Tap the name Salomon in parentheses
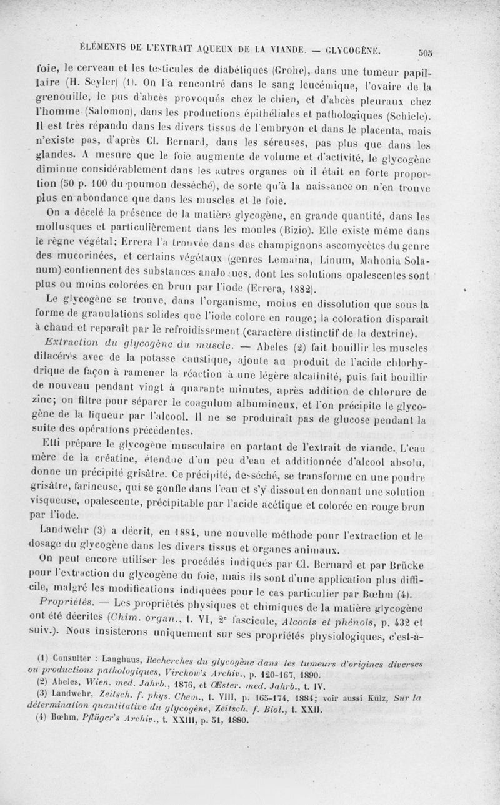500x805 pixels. coord(149,115)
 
